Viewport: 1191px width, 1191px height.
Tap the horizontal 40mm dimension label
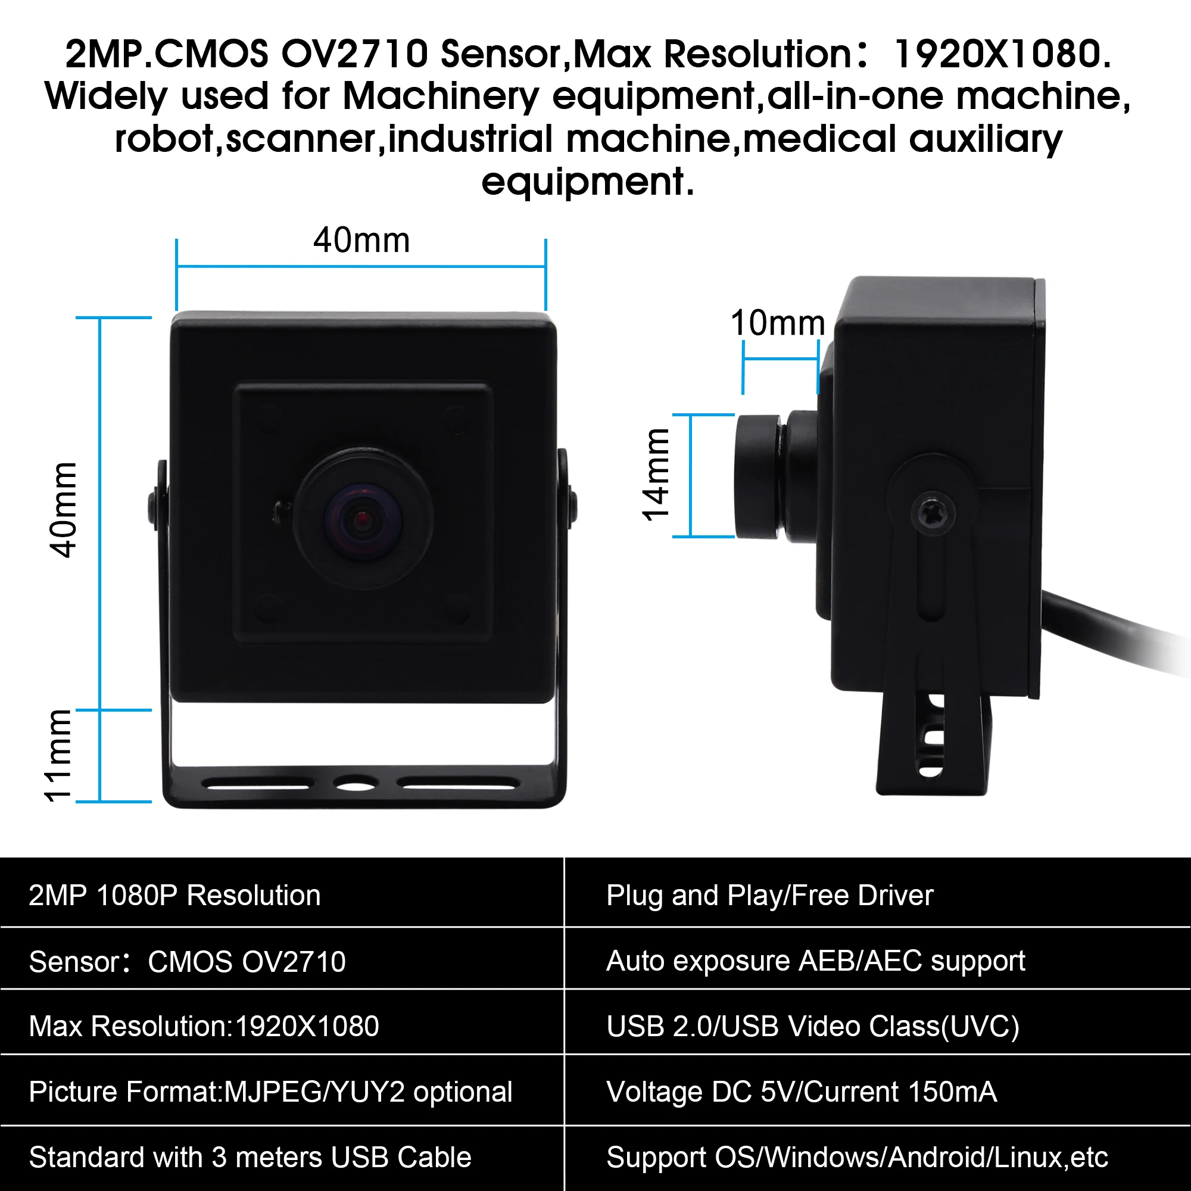pos(361,241)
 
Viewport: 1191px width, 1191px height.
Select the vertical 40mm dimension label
pos(64,510)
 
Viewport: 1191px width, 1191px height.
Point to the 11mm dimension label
pos(58,755)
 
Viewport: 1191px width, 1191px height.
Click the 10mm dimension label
pos(777,323)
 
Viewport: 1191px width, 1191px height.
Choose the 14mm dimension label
pos(655,475)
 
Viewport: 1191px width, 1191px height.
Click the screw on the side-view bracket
pos(933,513)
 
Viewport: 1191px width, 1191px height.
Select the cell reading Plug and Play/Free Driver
pos(769,896)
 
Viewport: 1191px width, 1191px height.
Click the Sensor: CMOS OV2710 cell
pos(188,962)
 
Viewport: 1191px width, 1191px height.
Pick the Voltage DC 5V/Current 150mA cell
pos(802,1092)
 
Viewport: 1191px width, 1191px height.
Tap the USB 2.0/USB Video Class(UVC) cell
pos(812,1027)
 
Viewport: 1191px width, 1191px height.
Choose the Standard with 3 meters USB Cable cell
pos(250,1157)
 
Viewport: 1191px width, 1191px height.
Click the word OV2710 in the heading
pos(354,54)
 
